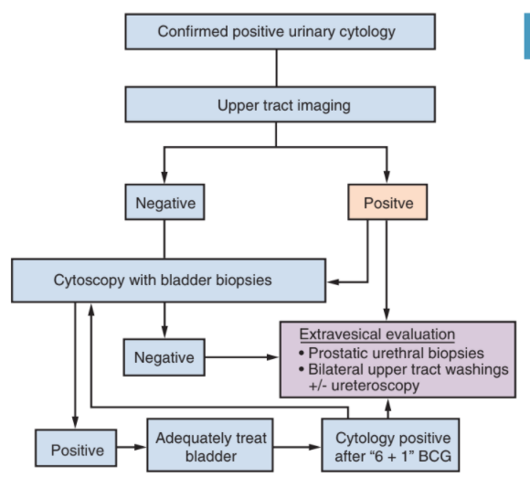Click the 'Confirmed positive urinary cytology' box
tap(280, 32)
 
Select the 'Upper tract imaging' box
tap(280, 104)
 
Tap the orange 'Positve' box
tap(387, 202)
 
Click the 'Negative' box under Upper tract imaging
tap(164, 202)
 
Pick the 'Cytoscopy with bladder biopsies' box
tap(169, 281)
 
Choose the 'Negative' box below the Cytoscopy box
tap(164, 357)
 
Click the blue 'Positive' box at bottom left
tap(76, 448)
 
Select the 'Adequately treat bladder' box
tap(210, 445)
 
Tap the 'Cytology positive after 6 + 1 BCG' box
tap(390, 445)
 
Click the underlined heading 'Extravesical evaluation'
tap(376, 334)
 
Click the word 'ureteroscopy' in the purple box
tap(376, 386)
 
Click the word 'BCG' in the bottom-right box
tap(435, 456)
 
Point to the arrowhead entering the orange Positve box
tap(387, 176)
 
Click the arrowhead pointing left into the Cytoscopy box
tap(333, 281)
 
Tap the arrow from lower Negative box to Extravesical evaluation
tap(241, 357)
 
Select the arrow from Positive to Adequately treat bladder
tap(132, 447)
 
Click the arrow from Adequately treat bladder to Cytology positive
tap(297, 447)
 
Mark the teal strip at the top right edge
tap(527, 37)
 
